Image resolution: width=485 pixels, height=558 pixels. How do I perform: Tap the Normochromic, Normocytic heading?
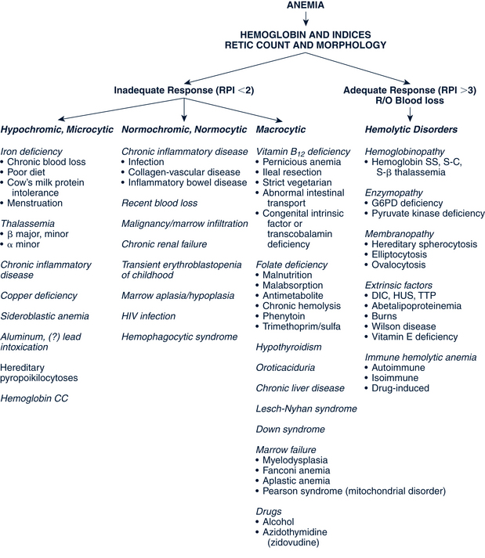(181, 128)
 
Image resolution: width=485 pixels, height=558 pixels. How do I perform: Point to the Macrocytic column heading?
(281, 128)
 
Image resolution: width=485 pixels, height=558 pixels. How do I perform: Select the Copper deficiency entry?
(40, 295)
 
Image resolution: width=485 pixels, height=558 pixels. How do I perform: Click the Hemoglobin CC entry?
(36, 398)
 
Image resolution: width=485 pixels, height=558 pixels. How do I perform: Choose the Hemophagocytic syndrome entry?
(179, 336)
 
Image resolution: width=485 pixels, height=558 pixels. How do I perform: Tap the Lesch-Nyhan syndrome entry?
(306, 408)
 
